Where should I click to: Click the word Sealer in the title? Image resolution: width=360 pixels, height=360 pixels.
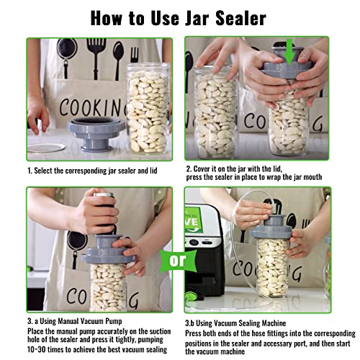point(240,18)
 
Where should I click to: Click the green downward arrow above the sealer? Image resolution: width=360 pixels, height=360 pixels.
point(289,52)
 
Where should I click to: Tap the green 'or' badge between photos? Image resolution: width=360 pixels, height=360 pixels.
point(178,261)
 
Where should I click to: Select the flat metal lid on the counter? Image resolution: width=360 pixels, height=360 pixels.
point(46,148)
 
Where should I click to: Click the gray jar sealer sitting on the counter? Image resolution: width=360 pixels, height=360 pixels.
point(96,134)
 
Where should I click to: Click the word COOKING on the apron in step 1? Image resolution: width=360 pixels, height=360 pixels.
point(93,107)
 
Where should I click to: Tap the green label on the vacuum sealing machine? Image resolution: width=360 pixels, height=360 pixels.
point(194,220)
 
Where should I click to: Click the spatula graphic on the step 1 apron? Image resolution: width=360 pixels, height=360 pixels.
point(96,58)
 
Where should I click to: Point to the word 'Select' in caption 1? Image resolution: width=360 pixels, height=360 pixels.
point(42,171)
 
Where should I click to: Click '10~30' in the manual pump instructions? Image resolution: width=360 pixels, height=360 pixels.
point(36,349)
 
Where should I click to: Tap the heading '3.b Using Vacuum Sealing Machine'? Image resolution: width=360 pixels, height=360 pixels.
point(235,323)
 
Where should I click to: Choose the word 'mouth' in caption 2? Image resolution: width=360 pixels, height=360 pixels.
point(312,177)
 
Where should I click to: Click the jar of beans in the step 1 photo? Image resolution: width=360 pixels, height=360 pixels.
point(148,109)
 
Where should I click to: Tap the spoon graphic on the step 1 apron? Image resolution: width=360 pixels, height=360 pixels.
point(118,60)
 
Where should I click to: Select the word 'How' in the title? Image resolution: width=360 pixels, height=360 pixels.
point(106,18)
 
